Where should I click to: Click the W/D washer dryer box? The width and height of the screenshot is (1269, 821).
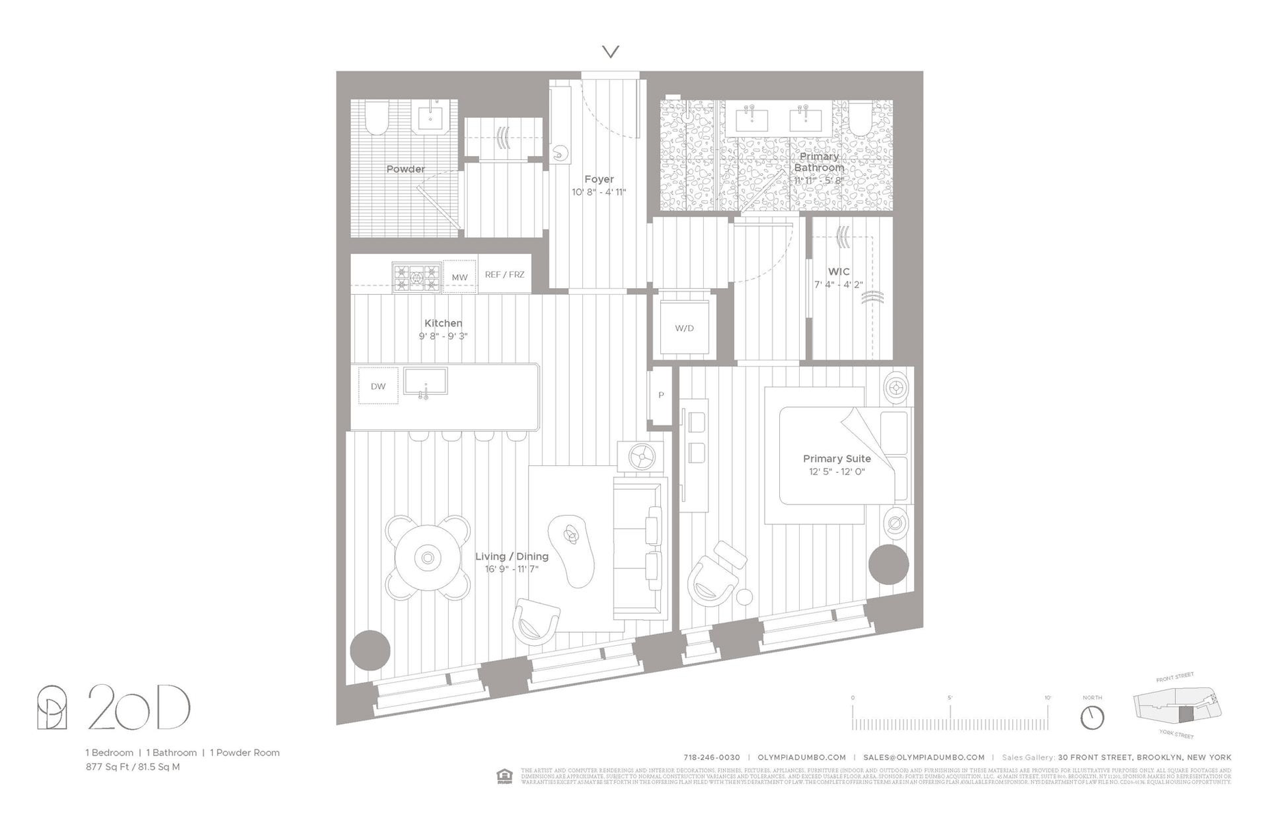point(684,327)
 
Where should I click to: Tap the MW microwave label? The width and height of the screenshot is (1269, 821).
point(459,277)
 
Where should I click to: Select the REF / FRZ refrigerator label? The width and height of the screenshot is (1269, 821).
point(504,274)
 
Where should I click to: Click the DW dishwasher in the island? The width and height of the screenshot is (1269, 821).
point(378,386)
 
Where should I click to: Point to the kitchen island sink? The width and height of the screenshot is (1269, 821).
point(425,381)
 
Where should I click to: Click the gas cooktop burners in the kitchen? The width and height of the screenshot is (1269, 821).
point(416,278)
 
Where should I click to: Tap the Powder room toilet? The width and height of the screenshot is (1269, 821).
point(376,117)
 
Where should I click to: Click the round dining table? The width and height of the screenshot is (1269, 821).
point(428,558)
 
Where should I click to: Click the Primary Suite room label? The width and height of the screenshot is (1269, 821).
point(837,458)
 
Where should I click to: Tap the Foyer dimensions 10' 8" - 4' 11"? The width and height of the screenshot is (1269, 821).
point(599,192)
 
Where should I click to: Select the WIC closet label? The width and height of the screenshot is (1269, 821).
point(838,272)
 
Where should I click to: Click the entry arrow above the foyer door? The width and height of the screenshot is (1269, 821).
point(610,51)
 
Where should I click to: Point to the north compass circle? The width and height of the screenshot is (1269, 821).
point(1092,718)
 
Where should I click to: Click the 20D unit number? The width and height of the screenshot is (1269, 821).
point(139,707)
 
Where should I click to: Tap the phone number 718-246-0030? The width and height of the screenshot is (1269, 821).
point(711,757)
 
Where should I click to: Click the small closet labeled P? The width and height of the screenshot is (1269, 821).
point(661,395)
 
